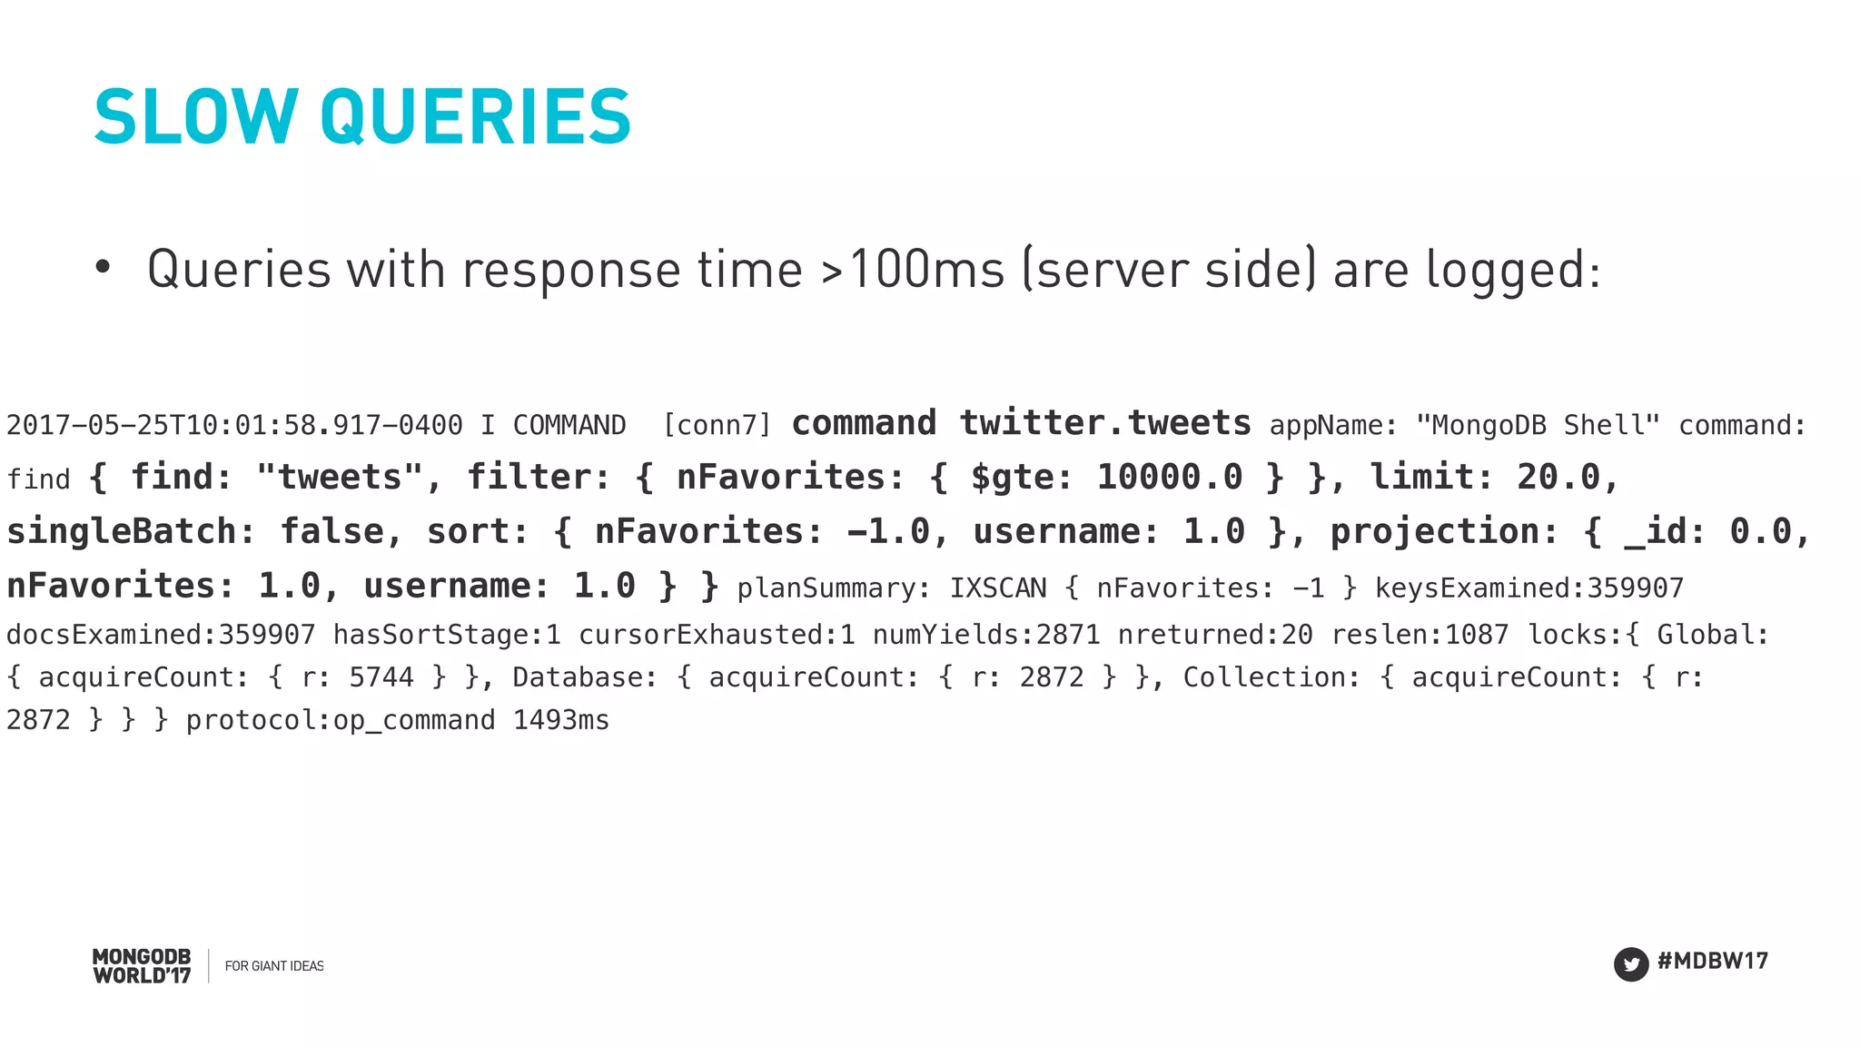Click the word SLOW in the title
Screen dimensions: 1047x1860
point(195,117)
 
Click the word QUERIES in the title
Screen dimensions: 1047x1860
point(475,117)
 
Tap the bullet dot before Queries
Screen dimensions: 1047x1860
point(103,267)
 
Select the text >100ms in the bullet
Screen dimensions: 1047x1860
point(913,270)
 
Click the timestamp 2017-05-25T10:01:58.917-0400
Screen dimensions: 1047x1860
point(234,425)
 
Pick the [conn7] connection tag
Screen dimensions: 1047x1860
point(717,425)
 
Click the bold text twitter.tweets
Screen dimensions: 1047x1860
point(1104,423)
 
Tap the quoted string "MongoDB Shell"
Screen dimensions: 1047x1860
point(1538,425)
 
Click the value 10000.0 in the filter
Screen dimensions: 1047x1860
point(1169,477)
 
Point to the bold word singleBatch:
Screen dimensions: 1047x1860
point(131,531)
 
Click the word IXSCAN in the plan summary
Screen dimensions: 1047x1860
point(998,588)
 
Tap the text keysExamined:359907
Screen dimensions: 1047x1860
point(1529,588)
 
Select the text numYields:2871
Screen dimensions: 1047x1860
point(986,634)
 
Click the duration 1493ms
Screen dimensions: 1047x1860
point(561,720)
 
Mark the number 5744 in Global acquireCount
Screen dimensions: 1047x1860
point(381,677)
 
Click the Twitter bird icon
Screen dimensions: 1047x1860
point(1630,963)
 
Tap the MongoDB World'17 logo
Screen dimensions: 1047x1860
point(142,966)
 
